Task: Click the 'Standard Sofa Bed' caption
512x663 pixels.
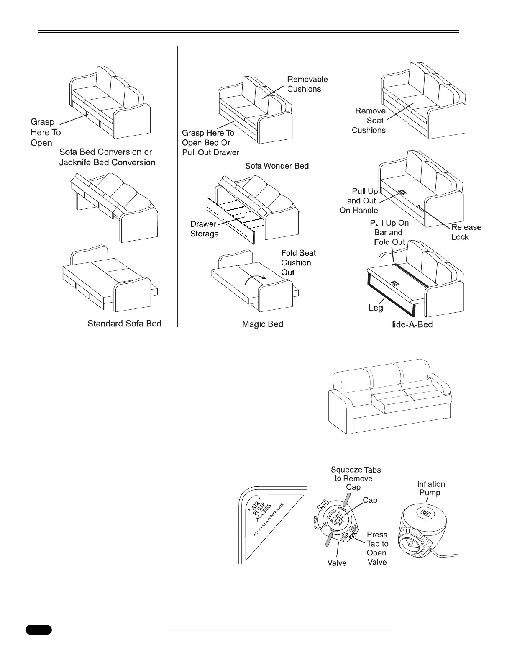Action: [124, 324]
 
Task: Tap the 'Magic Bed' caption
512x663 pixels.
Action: [262, 324]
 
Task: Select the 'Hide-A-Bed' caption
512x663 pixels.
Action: [410, 324]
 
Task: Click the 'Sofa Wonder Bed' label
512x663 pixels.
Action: [277, 166]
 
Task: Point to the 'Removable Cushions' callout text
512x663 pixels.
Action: [307, 84]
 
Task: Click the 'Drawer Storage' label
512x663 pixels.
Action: [205, 229]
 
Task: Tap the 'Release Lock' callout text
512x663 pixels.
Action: [466, 232]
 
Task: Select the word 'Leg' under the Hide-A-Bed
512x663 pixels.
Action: [376, 308]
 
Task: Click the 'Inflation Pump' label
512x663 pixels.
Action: [431, 488]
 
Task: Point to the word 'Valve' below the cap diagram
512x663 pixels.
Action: [337, 563]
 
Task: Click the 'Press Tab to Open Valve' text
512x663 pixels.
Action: [377, 548]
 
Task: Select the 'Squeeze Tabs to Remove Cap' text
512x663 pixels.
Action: [356, 478]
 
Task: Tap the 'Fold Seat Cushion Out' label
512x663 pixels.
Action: [298, 263]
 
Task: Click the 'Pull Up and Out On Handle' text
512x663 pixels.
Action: [359, 201]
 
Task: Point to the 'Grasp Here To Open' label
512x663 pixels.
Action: [45, 132]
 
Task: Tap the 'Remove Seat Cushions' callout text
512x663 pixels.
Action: [369, 121]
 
